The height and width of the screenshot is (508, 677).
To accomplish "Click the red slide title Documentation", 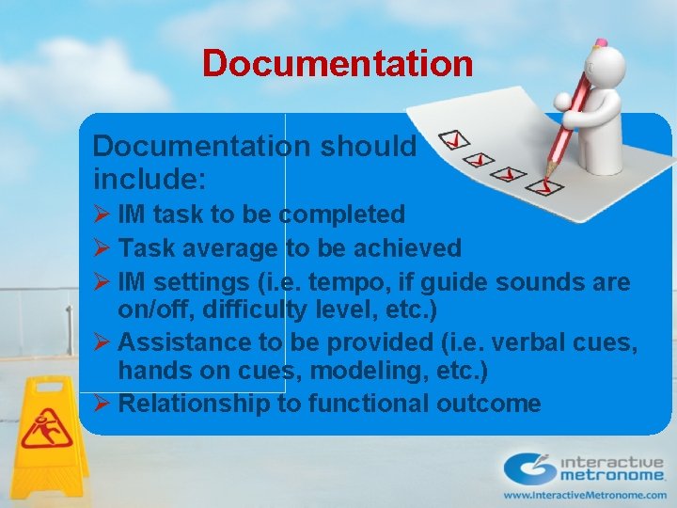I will [338, 64].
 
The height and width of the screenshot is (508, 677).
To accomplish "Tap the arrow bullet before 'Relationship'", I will [102, 405].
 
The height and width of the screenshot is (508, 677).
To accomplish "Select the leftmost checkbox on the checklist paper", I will [455, 140].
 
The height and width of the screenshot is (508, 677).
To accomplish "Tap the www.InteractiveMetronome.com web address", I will [585, 495].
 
